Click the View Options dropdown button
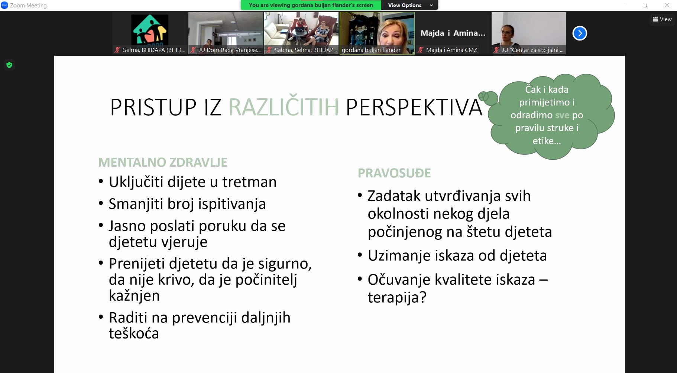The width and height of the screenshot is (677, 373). tap(409, 5)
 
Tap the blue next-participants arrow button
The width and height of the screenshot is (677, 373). tap(580, 33)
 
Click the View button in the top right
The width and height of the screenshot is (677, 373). tap(662, 19)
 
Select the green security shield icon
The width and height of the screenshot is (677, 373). tap(9, 65)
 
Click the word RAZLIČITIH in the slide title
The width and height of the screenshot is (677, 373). tap(284, 107)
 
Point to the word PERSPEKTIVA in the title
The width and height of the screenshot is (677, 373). tap(414, 108)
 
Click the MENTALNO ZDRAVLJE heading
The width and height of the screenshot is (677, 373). tap(163, 163)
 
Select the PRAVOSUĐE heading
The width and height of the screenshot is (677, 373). tap(394, 173)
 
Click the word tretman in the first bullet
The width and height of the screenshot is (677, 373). tap(249, 182)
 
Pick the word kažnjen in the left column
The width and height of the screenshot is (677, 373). tap(134, 296)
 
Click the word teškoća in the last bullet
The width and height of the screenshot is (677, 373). tap(134, 333)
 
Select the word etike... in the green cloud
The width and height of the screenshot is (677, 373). tap(547, 141)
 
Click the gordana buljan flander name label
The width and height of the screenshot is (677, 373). tap(371, 50)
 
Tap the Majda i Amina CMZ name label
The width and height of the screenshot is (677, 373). tap(451, 50)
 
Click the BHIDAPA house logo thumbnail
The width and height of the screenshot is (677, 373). tap(150, 29)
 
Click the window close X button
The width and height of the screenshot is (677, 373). tap(667, 5)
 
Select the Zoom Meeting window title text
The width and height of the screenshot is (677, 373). tap(28, 6)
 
